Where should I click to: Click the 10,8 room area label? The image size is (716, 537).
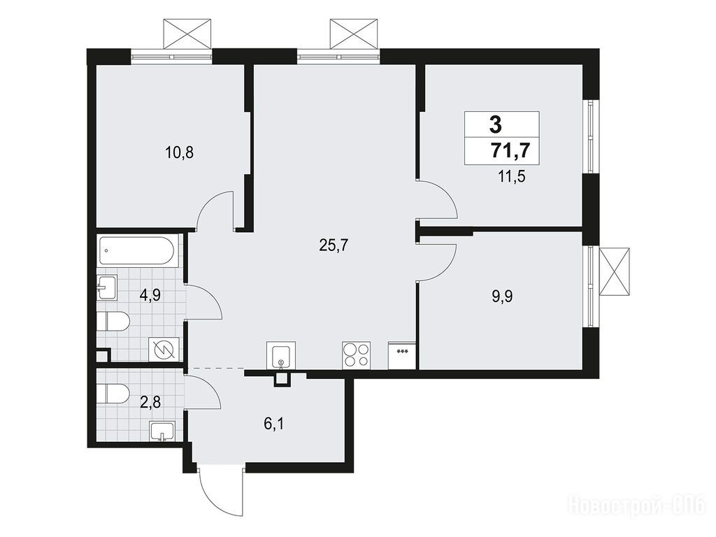pyautogui.click(x=180, y=152)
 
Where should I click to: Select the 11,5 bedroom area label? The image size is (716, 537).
pyautogui.click(x=511, y=176)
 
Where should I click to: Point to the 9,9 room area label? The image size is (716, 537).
pyautogui.click(x=502, y=296)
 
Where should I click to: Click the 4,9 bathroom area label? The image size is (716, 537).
pyautogui.click(x=150, y=296)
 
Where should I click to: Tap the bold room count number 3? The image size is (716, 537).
pyautogui.click(x=496, y=124)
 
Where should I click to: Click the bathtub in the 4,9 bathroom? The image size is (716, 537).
pyautogui.click(x=136, y=250)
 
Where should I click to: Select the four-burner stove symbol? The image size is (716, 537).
pyautogui.click(x=356, y=355)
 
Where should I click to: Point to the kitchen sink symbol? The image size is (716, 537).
pyautogui.click(x=281, y=355)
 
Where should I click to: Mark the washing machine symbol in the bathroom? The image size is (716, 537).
pyautogui.click(x=164, y=350)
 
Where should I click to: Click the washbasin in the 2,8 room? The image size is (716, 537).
pyautogui.click(x=162, y=432)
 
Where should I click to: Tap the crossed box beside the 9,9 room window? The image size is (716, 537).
pyautogui.click(x=614, y=272)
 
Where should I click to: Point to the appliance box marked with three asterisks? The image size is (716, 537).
pyautogui.click(x=402, y=356)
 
